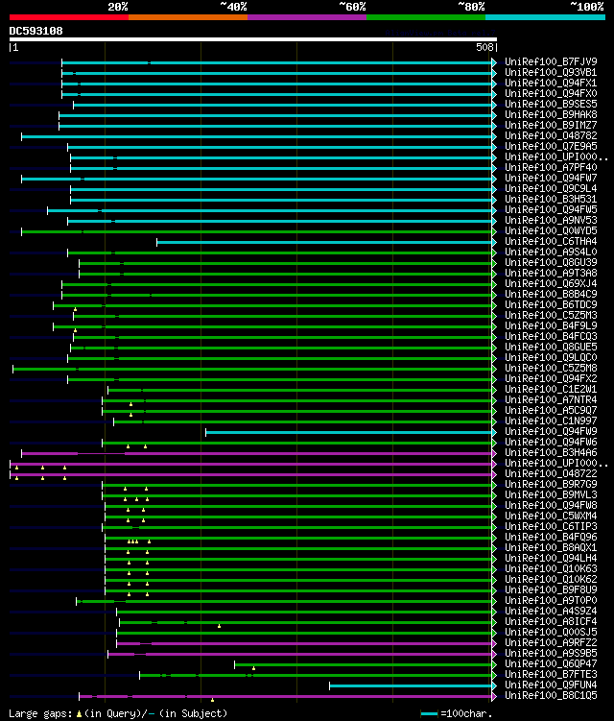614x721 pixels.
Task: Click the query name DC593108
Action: click(36, 31)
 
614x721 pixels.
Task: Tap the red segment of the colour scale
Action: click(68, 16)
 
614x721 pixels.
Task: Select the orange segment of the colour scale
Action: click(187, 16)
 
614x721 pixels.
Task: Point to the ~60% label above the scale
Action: click(352, 6)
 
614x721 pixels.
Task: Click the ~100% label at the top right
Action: click(587, 6)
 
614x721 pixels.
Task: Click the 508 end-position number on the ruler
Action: click(484, 46)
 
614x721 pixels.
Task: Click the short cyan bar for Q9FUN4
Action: click(413, 685)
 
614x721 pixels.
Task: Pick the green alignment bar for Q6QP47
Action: click(365, 664)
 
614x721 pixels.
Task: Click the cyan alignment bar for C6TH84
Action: click(326, 242)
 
